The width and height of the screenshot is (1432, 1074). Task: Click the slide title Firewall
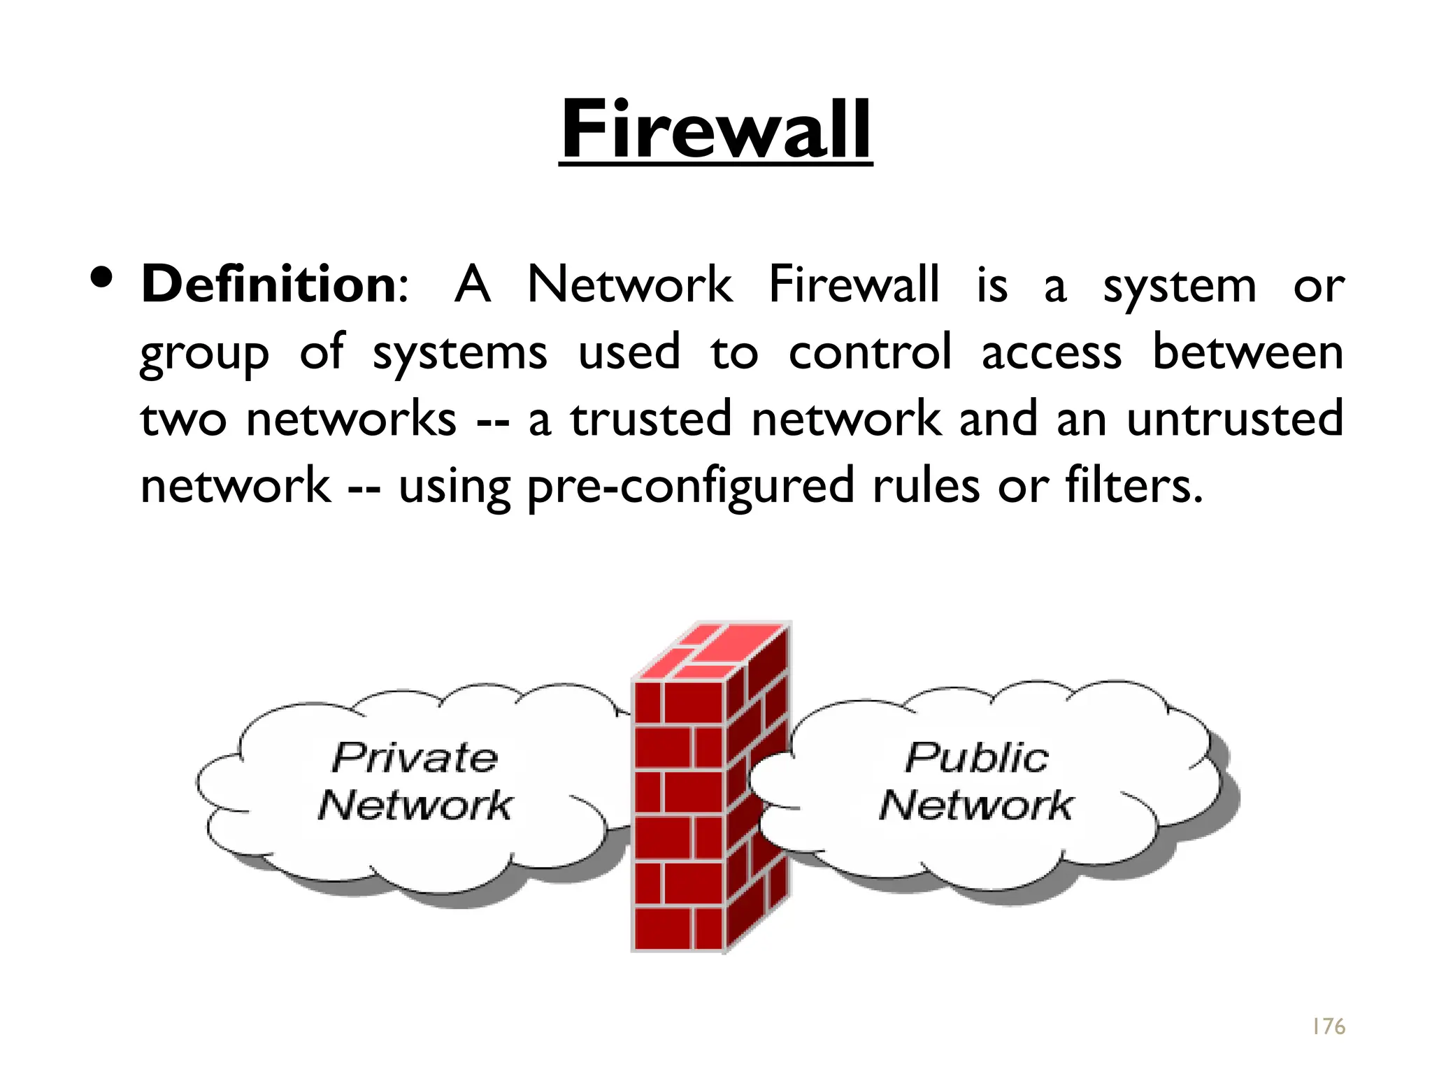point(715,130)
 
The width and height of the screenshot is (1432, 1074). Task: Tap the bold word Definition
point(269,285)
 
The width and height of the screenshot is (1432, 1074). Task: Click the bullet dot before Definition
point(102,278)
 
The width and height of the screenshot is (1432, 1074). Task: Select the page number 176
point(1328,1026)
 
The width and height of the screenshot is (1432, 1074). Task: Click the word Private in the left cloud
point(415,758)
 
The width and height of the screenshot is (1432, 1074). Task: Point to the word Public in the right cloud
point(977,758)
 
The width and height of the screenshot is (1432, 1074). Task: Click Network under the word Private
point(415,805)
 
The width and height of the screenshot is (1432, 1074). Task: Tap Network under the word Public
point(976,805)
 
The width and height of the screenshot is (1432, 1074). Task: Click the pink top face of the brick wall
point(713,650)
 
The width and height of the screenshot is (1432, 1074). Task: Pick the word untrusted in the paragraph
point(1235,419)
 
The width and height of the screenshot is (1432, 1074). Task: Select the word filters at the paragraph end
point(1133,486)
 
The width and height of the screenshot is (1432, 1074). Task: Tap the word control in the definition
point(870,352)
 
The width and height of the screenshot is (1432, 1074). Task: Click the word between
point(1247,352)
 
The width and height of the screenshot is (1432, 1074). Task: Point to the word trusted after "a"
point(650,419)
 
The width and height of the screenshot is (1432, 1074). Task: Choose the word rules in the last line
point(926,486)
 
